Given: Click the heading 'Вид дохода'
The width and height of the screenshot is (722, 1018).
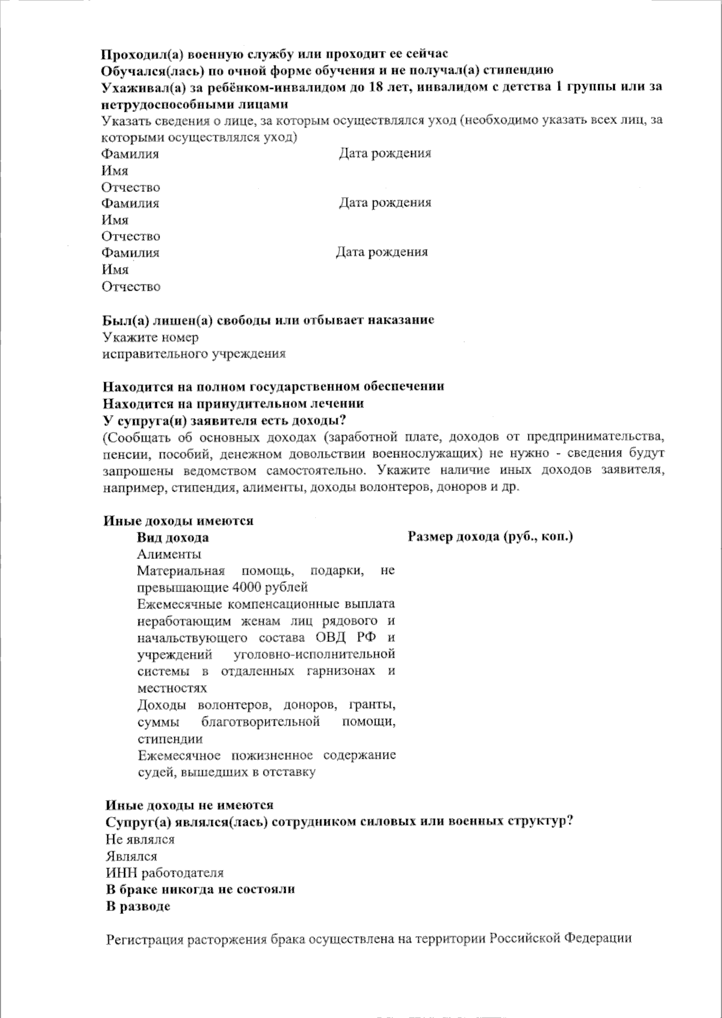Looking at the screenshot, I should (173, 537).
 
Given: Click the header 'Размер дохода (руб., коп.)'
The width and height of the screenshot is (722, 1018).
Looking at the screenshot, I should (490, 536).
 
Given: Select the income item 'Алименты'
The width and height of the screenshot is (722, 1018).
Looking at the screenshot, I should (169, 554).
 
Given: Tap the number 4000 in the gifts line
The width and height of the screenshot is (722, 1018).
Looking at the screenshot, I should (253, 587).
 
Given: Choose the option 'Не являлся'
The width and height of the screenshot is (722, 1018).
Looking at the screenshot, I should (140, 839).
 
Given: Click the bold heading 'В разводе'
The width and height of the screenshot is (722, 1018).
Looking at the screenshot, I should (138, 906).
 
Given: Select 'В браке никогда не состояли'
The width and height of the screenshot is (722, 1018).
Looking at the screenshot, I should (200, 889).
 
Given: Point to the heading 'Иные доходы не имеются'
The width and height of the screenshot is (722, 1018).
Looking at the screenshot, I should (189, 805).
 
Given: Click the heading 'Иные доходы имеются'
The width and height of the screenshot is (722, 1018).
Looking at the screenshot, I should (178, 520).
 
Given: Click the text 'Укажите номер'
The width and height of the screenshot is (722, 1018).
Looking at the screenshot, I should (150, 337).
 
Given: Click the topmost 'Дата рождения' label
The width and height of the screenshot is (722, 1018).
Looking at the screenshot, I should (384, 153).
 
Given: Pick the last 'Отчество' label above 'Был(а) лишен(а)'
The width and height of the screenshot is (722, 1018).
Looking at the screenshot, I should (131, 286).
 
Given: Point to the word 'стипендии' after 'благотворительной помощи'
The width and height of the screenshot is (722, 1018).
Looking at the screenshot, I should (170, 739).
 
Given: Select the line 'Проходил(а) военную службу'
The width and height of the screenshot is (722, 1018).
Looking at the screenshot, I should (274, 54).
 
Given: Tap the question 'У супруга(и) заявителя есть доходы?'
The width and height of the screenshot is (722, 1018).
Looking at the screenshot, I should (226, 420).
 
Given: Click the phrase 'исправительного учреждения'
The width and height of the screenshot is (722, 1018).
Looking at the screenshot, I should (193, 354).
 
